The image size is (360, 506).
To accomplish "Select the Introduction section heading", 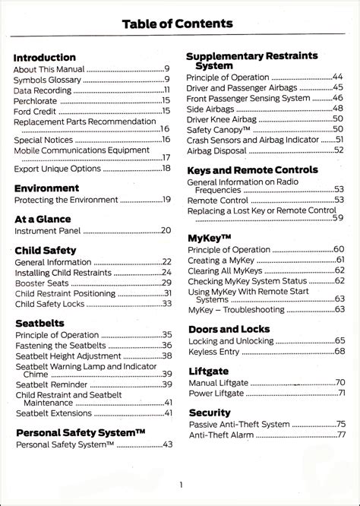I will tap(45, 57).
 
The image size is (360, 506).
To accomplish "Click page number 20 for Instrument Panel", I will tap(166, 230).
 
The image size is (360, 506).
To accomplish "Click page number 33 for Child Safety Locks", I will tap(166, 304).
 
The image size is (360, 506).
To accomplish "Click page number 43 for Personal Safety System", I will tap(167, 444).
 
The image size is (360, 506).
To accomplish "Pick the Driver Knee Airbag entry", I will tap(223, 119).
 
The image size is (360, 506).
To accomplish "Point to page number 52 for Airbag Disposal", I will tap(338, 150).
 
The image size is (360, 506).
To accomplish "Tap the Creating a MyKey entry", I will tap(221, 260).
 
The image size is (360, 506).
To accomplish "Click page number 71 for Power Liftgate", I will tap(341, 393).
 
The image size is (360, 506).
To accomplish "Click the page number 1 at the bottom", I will tap(181, 485).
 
